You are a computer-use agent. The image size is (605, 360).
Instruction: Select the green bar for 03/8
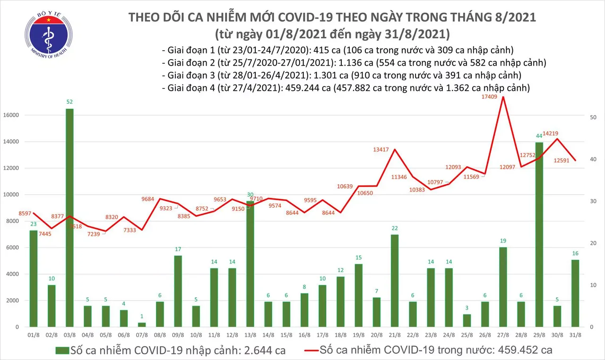69,217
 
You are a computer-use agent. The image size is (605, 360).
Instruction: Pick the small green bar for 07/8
141,325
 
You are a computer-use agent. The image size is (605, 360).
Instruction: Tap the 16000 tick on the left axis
14,115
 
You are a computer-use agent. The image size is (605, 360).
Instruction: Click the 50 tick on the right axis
595,117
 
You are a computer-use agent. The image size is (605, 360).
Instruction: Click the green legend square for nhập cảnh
62,350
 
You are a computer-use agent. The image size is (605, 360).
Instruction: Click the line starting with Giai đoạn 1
337,51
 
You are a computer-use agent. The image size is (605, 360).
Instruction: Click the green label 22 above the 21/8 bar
394,228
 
